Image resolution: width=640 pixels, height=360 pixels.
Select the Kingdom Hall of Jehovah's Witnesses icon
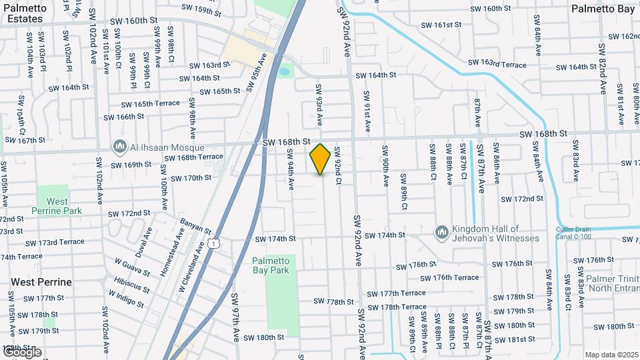click(441, 232)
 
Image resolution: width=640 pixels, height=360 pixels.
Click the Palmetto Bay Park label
click(280, 265)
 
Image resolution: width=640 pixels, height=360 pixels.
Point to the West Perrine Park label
click(57, 206)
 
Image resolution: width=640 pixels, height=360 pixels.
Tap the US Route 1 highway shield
click(213, 244)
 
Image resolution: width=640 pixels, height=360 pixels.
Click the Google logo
click(21, 352)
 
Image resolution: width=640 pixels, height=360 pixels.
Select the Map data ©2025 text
click(611, 355)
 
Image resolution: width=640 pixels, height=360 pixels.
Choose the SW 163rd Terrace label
click(499, 63)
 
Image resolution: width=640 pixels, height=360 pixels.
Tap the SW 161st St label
click(441, 25)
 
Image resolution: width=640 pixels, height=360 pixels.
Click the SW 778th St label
click(333, 302)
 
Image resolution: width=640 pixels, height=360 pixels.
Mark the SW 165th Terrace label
click(150, 104)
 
